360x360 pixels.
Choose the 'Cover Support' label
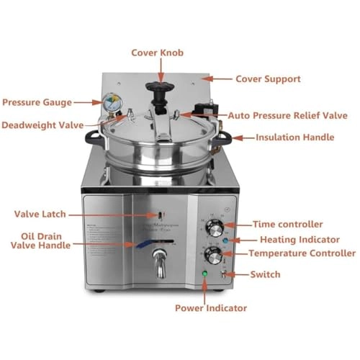[x=268, y=78]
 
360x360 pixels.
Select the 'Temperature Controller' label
[x=302, y=253]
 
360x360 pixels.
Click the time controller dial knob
[x=212, y=228]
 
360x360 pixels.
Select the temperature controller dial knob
[x=213, y=257]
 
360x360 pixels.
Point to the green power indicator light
[x=204, y=274]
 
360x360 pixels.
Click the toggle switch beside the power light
[x=225, y=274]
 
